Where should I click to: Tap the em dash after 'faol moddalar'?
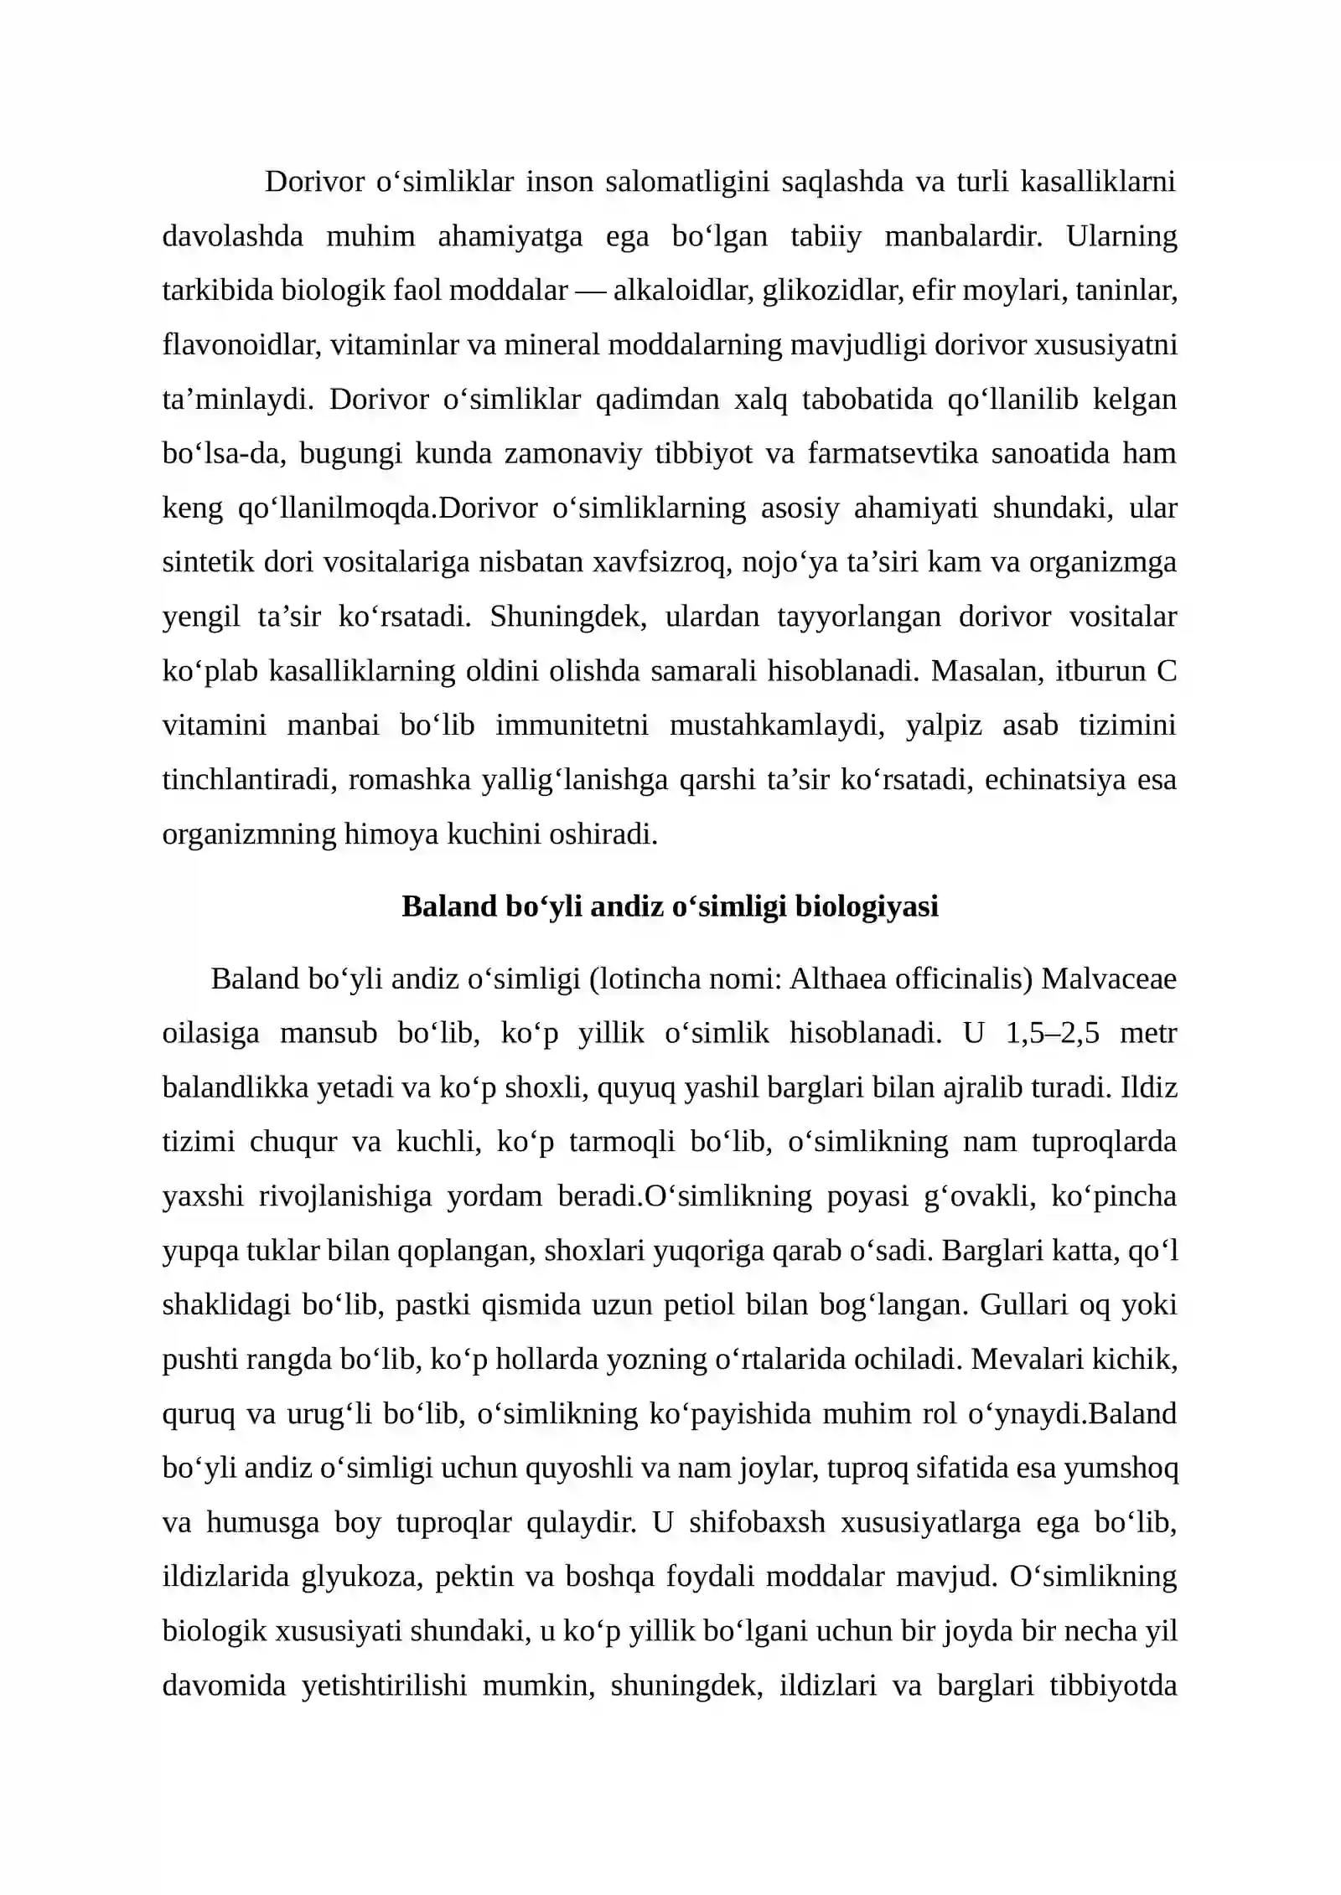click(x=590, y=291)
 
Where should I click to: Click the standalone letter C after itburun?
click(x=1167, y=671)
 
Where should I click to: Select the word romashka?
click(x=409, y=780)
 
